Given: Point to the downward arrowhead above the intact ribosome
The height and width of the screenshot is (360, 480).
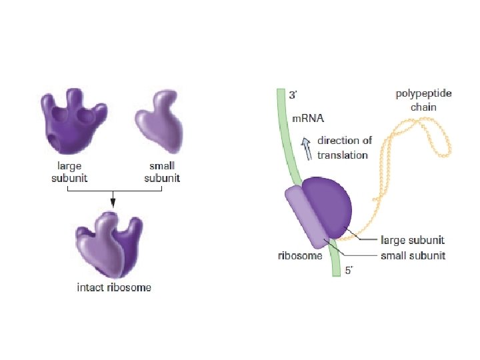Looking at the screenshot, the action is pos(113,201).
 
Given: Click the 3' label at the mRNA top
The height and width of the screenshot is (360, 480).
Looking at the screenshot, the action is pos(293,95).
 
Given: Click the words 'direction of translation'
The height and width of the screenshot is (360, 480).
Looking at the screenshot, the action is pos(343,147).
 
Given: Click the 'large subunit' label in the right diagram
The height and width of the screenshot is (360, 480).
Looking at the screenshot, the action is pos(412,239).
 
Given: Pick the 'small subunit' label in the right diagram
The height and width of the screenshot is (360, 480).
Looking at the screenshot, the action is pos(412,255).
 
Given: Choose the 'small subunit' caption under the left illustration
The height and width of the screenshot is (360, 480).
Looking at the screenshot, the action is pos(159,173).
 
